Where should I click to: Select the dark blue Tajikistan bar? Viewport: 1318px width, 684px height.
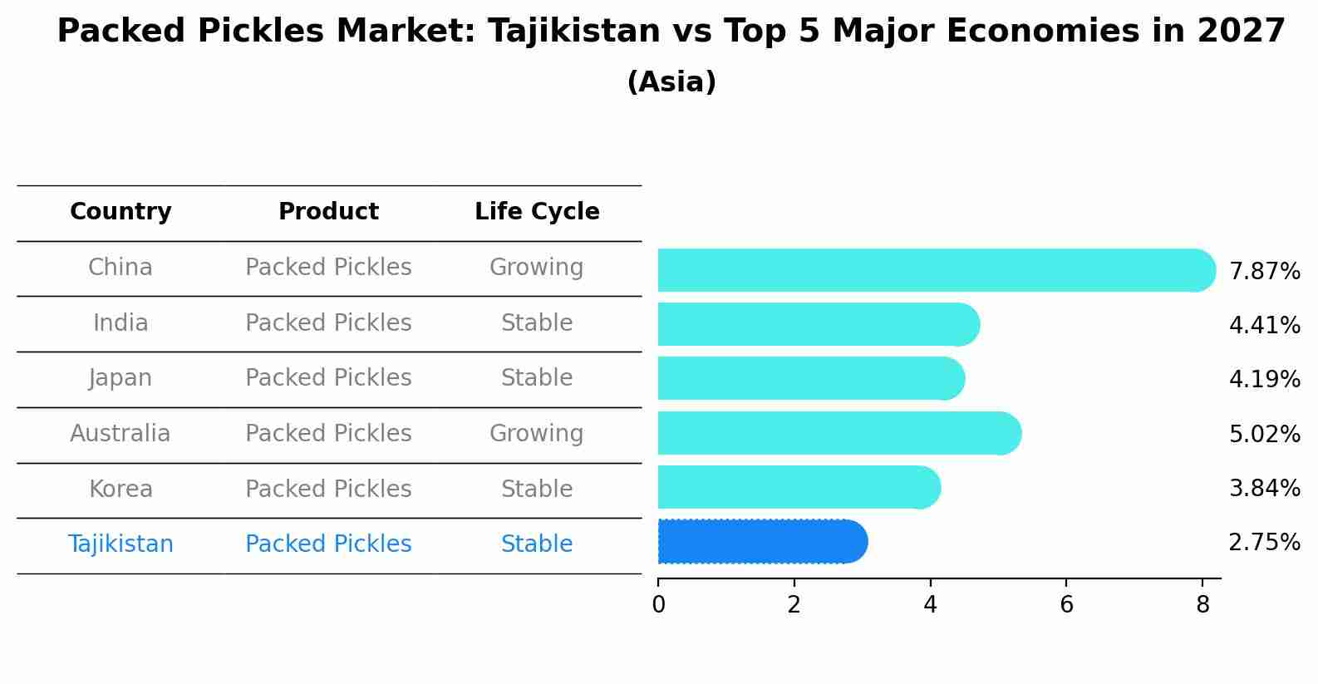[761, 542]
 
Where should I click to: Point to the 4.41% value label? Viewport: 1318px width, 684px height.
[1264, 325]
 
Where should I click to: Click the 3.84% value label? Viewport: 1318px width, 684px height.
[1264, 488]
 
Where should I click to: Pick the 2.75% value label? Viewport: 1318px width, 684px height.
[1264, 543]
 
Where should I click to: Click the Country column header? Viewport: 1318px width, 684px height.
[120, 212]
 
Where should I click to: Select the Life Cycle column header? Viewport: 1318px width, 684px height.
[537, 212]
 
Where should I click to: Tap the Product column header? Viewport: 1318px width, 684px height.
[328, 212]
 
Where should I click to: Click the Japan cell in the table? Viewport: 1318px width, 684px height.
[120, 378]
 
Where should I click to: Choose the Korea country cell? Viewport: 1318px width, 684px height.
[120, 489]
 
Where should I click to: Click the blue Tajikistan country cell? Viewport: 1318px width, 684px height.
[120, 544]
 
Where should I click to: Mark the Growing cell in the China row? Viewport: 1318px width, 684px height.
[536, 268]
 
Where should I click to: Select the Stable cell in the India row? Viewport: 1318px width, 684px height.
[536, 322]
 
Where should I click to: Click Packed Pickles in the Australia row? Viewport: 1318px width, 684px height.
[328, 434]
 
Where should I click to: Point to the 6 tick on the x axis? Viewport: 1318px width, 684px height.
[1066, 605]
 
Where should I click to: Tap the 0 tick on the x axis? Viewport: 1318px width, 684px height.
[658, 605]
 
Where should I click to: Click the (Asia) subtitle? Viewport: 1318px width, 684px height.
[671, 82]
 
